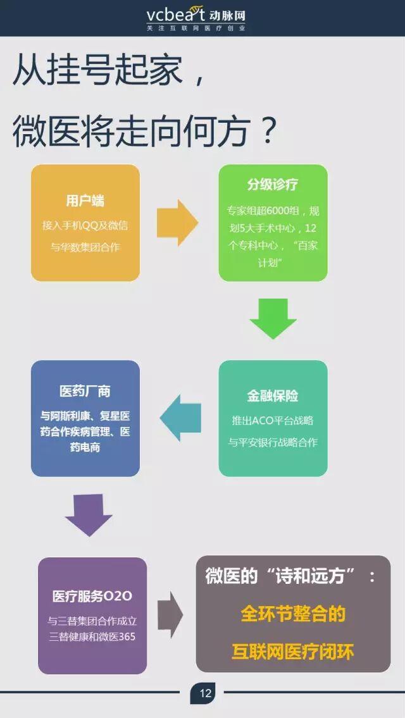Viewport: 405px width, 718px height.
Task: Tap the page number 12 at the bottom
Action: click(205, 693)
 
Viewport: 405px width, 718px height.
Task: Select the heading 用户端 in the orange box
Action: click(85, 201)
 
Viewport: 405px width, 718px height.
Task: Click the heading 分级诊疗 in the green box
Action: click(273, 185)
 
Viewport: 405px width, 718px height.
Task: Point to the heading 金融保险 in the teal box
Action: click(273, 396)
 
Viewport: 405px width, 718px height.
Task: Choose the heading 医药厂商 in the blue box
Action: click(85, 392)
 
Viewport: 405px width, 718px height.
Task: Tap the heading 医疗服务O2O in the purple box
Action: click(92, 597)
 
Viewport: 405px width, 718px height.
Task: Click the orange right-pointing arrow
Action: click(178, 223)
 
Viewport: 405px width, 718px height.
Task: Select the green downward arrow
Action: click(273, 318)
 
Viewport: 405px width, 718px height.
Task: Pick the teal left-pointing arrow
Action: click(181, 418)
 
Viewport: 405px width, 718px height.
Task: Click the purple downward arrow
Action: click(89, 515)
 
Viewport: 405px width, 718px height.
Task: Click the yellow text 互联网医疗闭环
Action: click(292, 652)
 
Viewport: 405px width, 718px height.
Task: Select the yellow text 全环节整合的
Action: click(293, 614)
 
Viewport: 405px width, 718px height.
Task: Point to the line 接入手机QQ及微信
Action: click(85, 225)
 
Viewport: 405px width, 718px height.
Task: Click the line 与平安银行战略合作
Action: click(273, 442)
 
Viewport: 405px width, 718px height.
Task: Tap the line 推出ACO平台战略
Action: click(273, 420)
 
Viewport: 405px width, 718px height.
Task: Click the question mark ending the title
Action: click(268, 132)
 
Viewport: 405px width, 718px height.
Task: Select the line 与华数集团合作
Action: click(85, 247)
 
